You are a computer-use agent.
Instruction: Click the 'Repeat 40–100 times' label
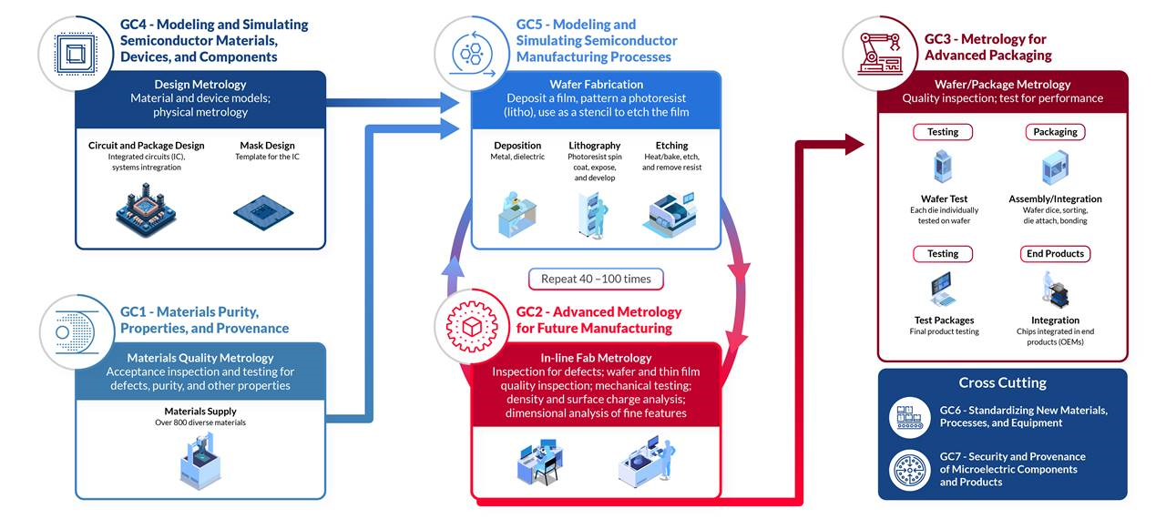(x=596, y=279)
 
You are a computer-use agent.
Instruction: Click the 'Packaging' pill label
(x=1055, y=132)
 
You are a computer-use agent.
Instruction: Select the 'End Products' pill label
(x=1055, y=254)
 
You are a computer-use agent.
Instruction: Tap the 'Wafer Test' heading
(x=944, y=199)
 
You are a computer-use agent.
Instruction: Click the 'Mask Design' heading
(x=267, y=146)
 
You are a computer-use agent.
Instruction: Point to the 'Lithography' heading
(x=595, y=146)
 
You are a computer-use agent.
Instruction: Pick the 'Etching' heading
(x=671, y=146)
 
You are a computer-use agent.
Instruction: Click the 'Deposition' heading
(x=517, y=146)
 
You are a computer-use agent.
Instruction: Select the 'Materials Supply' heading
(x=200, y=412)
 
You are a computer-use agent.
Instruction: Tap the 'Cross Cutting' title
(x=1002, y=383)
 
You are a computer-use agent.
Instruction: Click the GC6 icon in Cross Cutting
(x=910, y=417)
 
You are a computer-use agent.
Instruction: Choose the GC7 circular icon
(x=910, y=469)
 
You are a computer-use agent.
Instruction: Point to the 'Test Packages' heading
(x=944, y=321)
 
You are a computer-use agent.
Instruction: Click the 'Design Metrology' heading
(x=200, y=85)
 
